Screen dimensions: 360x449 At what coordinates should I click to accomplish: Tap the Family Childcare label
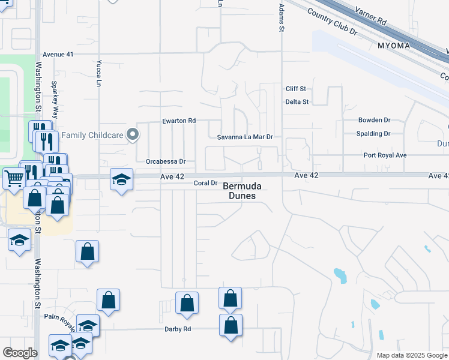point(91,136)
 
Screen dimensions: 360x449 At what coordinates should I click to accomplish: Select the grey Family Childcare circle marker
point(133,136)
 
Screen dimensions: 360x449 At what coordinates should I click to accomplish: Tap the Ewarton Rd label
point(179,121)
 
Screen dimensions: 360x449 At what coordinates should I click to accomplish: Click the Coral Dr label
point(204,183)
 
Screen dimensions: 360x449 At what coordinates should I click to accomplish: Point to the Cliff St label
point(296,89)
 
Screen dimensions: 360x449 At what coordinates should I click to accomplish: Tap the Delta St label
point(297,102)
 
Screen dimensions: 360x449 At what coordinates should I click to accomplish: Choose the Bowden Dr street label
point(374,120)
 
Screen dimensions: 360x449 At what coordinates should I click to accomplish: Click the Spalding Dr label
point(373,134)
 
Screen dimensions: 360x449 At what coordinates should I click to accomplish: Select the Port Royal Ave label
point(385,155)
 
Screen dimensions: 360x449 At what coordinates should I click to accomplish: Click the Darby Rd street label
point(178,329)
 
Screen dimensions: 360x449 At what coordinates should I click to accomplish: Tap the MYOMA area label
point(394,46)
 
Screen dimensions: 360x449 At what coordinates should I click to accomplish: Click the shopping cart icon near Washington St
point(14,178)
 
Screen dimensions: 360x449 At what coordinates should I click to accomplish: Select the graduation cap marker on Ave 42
point(121,179)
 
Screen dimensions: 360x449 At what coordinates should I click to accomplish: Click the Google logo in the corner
point(20,353)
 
